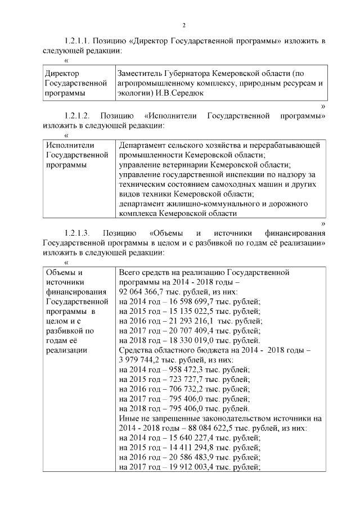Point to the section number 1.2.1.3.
pos(77,232)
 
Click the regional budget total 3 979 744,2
pos(141,359)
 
